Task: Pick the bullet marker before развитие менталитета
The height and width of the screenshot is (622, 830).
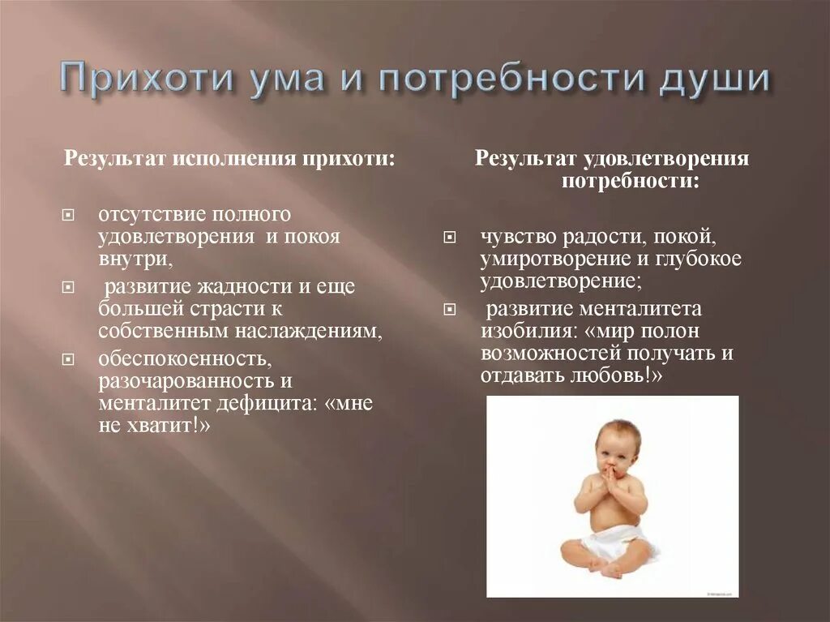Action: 449,309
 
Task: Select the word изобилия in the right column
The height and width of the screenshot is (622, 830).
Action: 521,330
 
